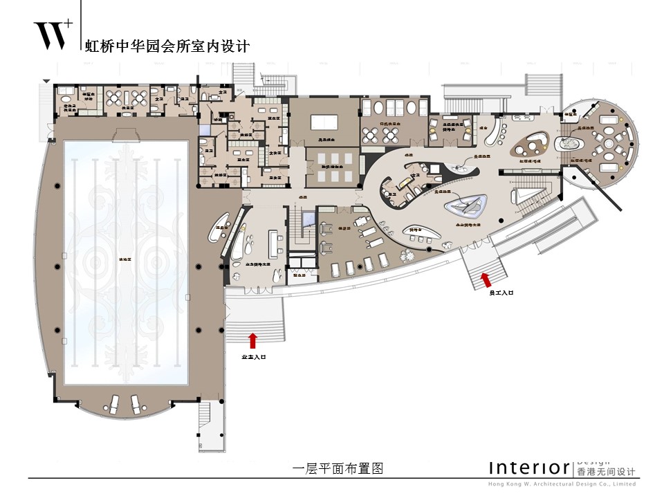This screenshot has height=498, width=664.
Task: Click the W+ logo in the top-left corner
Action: pos(53,35)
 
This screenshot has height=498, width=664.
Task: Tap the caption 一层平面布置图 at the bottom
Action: pos(338,468)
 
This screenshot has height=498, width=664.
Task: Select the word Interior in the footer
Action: pos(529,468)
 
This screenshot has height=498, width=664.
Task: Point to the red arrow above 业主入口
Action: pos(252,340)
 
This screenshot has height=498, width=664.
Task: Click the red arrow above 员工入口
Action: pos(486,279)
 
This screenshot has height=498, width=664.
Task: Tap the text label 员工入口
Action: pos(501,293)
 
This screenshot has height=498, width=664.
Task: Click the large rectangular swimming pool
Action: pos(126,264)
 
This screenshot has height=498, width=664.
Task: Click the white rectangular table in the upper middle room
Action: pos(323,122)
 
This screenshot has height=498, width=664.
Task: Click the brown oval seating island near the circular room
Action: pos(531,147)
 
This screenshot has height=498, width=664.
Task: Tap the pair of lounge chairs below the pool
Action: pos(126,405)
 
